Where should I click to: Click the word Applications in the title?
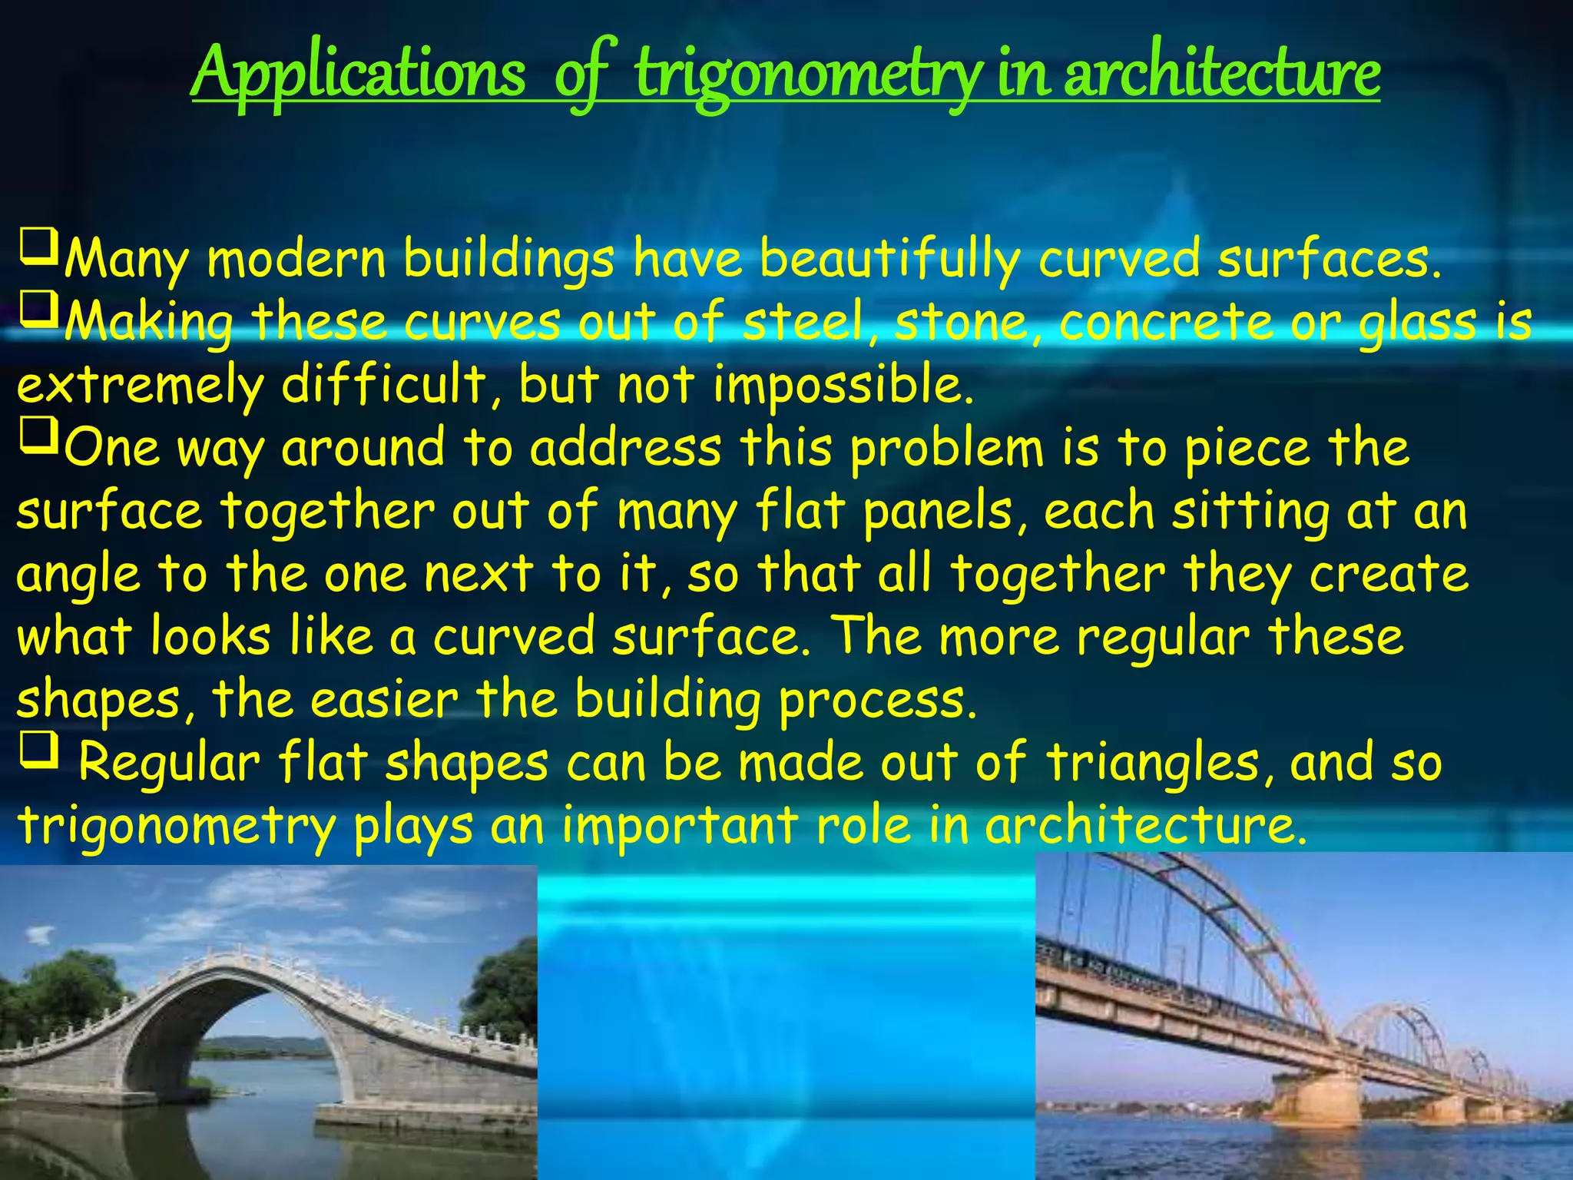pyautogui.click(x=358, y=73)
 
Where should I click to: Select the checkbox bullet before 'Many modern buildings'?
pyautogui.click(x=38, y=247)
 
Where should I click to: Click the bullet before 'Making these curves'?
pyautogui.click(x=38, y=310)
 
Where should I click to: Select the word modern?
pyautogui.click(x=296, y=260)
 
